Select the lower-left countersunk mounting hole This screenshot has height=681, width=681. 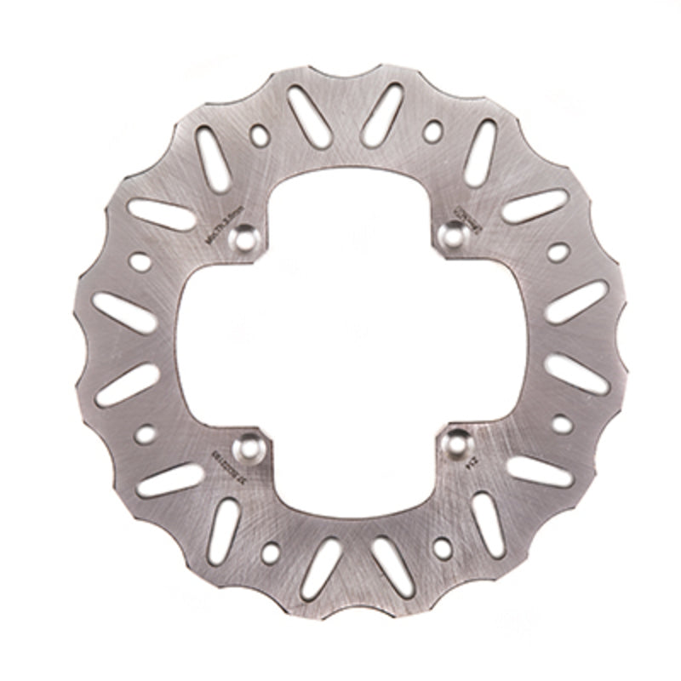click(249, 444)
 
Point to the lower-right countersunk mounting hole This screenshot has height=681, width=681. click(456, 443)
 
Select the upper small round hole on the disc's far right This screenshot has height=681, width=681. click(558, 252)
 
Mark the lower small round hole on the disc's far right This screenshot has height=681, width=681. click(562, 422)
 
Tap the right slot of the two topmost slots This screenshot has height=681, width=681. click(381, 113)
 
